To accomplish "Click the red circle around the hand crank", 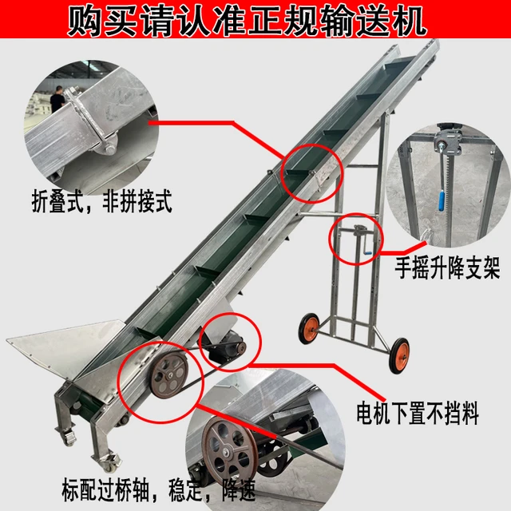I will [x=356, y=240].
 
